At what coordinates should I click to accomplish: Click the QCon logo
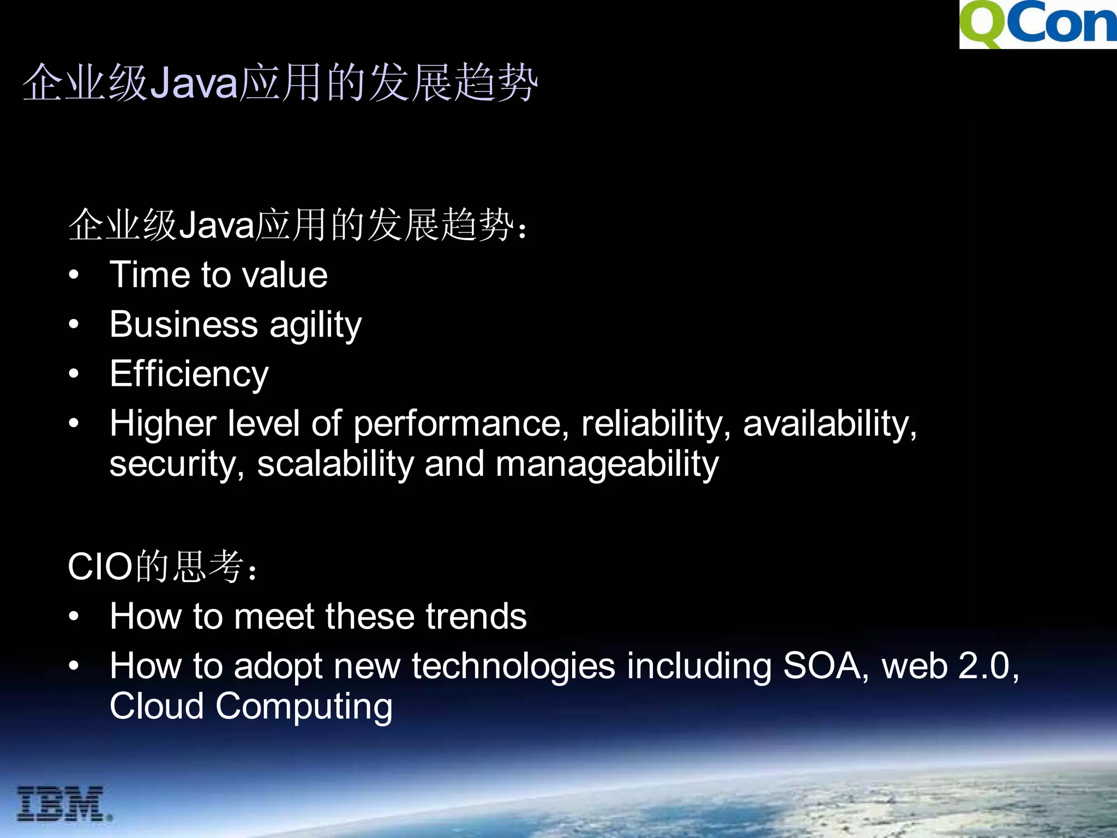(x=1038, y=25)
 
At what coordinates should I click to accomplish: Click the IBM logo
(x=64, y=804)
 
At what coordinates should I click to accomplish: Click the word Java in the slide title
(x=194, y=83)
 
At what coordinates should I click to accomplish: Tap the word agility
(x=316, y=326)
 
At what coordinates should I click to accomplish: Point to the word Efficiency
(x=189, y=375)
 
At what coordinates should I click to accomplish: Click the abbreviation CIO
(x=100, y=567)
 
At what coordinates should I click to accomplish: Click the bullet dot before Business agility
(x=74, y=325)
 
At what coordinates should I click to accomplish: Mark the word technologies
(x=513, y=667)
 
